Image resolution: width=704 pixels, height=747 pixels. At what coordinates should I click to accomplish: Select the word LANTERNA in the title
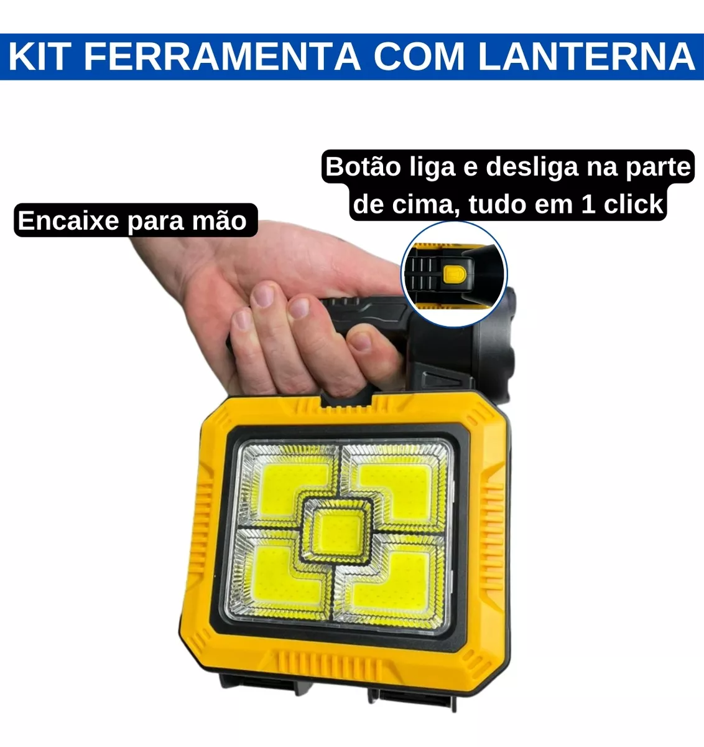tap(586, 57)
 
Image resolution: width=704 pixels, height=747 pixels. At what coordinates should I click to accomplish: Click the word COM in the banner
tap(419, 57)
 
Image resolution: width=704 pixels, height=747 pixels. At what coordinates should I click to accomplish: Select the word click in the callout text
tap(632, 204)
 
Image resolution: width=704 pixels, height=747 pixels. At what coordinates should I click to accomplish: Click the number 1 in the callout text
tap(588, 204)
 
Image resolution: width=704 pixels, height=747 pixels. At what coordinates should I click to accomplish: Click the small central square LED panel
tap(337, 530)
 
